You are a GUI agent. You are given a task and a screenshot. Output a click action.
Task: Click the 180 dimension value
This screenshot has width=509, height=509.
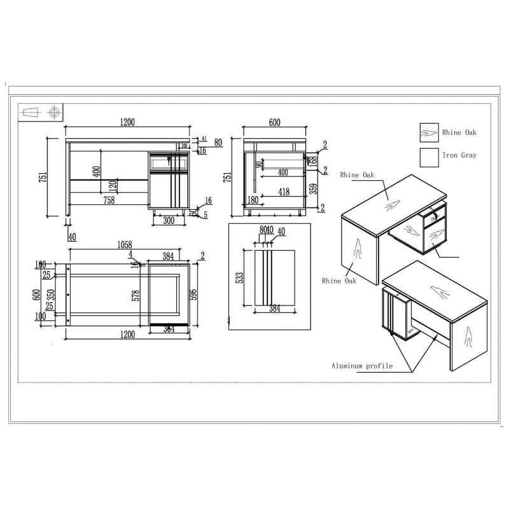click(x=252, y=200)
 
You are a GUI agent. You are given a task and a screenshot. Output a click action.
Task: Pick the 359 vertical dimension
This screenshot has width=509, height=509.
click(x=313, y=188)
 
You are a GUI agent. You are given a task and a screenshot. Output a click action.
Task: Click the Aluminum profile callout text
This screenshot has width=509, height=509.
click(x=361, y=366)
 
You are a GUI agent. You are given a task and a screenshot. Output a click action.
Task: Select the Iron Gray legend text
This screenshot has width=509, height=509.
click(x=459, y=155)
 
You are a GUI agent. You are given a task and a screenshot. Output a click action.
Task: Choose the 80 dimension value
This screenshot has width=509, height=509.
click(x=218, y=143)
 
